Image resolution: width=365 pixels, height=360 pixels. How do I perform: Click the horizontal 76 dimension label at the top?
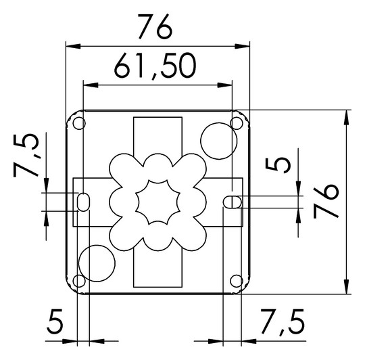tap(155, 27)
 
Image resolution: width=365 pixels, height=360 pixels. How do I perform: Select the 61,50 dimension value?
tap(155, 66)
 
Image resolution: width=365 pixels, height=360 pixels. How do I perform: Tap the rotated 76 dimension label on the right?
tap(326, 201)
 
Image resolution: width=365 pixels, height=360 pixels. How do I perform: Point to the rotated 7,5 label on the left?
tap(26, 156)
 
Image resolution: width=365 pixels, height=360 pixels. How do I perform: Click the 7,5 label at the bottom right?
tap(283, 323)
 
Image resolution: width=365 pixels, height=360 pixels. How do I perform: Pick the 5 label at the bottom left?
tap(55, 322)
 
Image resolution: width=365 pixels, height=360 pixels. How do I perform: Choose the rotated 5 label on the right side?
tap(278, 165)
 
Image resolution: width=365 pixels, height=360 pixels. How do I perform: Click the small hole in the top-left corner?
tap(79, 123)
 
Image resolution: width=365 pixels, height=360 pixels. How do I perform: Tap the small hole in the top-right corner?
tap(237, 123)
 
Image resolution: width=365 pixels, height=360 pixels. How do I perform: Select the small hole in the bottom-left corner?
tap(79, 281)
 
